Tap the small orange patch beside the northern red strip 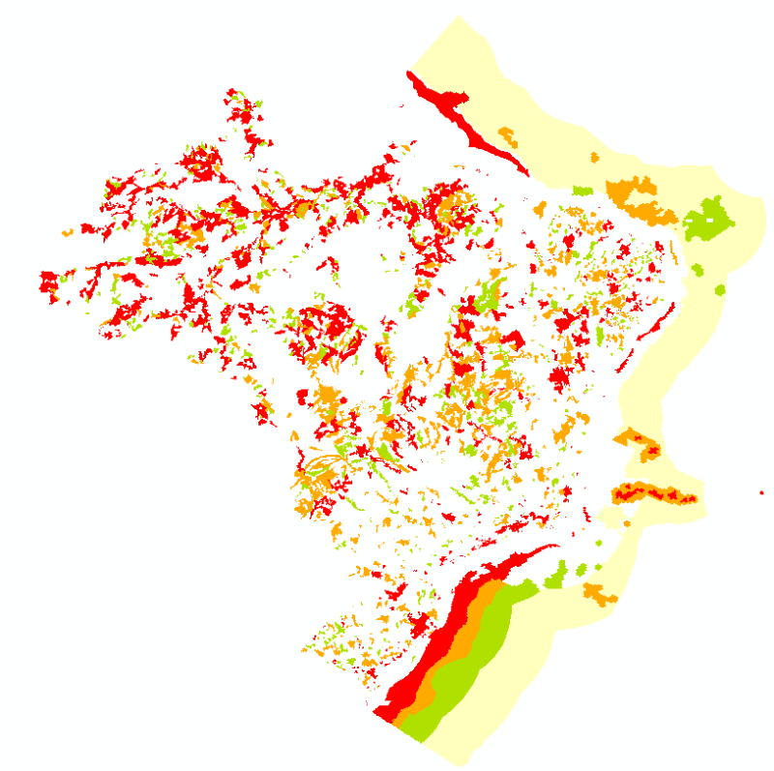pyautogui.click(x=507, y=134)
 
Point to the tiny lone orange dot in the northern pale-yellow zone pyautogui.click(x=595, y=157)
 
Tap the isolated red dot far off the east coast pyautogui.click(x=762, y=493)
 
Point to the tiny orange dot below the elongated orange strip pyautogui.click(x=628, y=523)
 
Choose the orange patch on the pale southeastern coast pyautogui.click(x=599, y=592)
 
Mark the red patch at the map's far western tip pyautogui.click(x=48, y=282)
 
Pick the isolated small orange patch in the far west pyautogui.click(x=67, y=233)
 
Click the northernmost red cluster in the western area pyautogui.click(x=235, y=103)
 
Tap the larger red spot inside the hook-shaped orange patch pyautogui.click(x=652, y=452)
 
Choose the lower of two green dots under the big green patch pyautogui.click(x=719, y=289)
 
